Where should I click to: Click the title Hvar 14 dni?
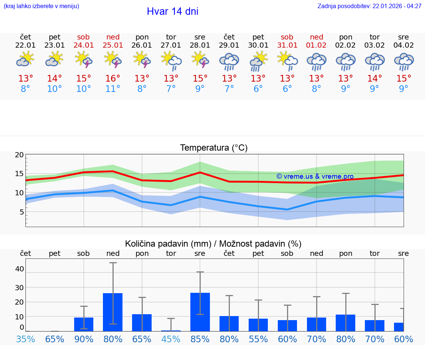point(172,11)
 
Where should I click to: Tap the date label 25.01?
point(113,45)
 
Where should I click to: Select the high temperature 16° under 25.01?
point(113,79)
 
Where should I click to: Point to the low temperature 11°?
point(113,89)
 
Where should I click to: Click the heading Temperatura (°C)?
point(214,148)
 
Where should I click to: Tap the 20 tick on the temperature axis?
point(19,155)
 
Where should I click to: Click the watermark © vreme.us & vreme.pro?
point(315,176)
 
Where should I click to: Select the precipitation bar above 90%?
point(84,324)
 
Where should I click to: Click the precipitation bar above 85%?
point(200,312)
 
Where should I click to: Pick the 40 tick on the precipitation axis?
point(19,269)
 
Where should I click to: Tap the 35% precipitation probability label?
point(25,339)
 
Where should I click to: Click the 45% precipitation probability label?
point(171,339)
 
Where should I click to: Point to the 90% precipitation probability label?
point(84,339)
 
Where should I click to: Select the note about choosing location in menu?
point(41,6)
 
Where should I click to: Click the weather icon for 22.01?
point(25,59)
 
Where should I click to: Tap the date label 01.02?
point(316,45)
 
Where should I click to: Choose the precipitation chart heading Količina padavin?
point(213,244)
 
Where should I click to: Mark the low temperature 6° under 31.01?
point(287,89)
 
